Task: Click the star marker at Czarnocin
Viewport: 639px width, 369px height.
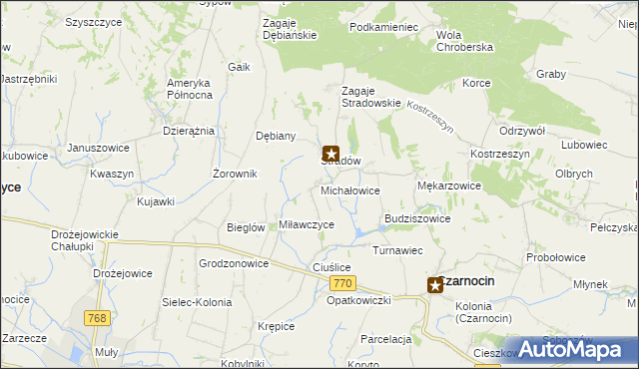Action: point(436,285)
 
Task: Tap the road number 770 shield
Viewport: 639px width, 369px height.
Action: point(340,284)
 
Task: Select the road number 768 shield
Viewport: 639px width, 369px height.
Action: point(97,318)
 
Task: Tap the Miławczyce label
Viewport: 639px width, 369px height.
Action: point(307,225)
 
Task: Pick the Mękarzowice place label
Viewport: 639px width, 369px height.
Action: point(448,185)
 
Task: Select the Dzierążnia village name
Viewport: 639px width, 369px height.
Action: point(189,132)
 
